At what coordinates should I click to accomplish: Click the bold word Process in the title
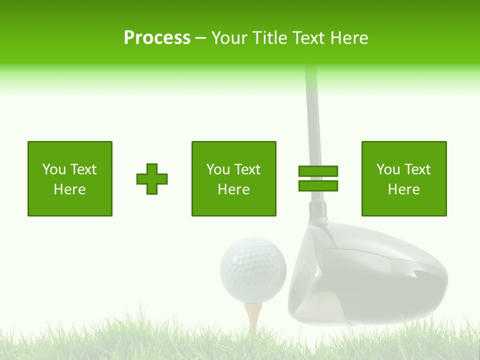coord(157,38)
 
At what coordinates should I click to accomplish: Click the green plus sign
coord(152,179)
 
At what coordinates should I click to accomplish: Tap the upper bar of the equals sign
coord(318,171)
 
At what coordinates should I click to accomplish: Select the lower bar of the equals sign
coord(318,186)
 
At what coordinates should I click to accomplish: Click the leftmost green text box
coord(70,178)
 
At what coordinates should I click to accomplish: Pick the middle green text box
coord(233,178)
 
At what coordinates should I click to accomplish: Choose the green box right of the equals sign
coord(403,178)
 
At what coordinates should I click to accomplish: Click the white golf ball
coord(253,270)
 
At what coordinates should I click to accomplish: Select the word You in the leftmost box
coord(53,169)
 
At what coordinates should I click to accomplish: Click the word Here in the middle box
coord(233,189)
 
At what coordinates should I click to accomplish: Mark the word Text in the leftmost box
coord(82,169)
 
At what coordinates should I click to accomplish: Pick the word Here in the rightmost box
coord(403,189)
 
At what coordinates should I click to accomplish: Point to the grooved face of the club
coord(300,280)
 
